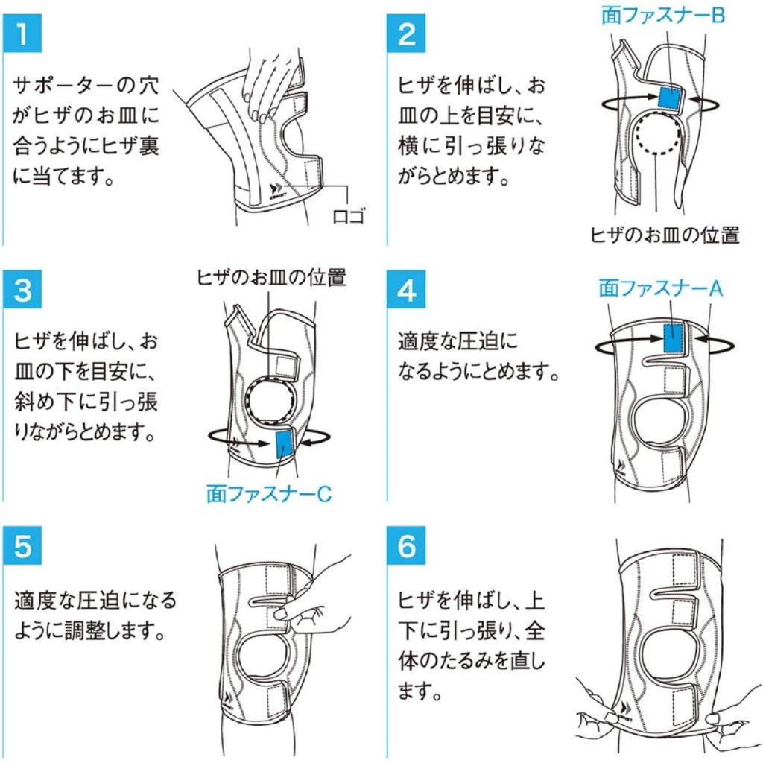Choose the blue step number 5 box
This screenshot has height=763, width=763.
[x=24, y=545]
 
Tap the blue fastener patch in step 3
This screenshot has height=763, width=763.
[x=285, y=446]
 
